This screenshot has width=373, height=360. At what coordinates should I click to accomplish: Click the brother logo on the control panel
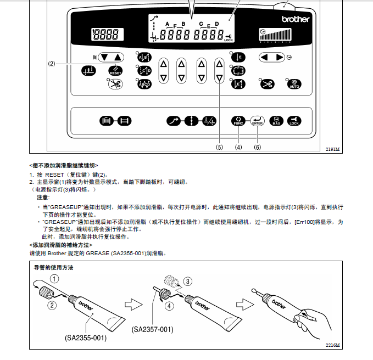(296, 19)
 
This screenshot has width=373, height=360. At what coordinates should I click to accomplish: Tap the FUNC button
(238, 121)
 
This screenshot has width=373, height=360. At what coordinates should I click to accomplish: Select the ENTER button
(257, 121)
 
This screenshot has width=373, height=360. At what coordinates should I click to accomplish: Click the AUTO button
(294, 84)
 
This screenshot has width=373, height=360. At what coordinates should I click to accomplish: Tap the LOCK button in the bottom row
(294, 121)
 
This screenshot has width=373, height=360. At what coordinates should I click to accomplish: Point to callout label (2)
(52, 64)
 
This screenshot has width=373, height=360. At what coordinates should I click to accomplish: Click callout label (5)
(219, 147)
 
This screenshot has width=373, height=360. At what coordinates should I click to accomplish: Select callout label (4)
(238, 147)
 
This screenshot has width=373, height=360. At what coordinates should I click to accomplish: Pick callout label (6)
(258, 147)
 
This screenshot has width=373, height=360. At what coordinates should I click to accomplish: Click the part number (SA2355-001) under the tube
(85, 337)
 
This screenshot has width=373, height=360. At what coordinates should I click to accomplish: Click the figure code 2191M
(332, 149)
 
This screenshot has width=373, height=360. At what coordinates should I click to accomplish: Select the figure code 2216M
(332, 345)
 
